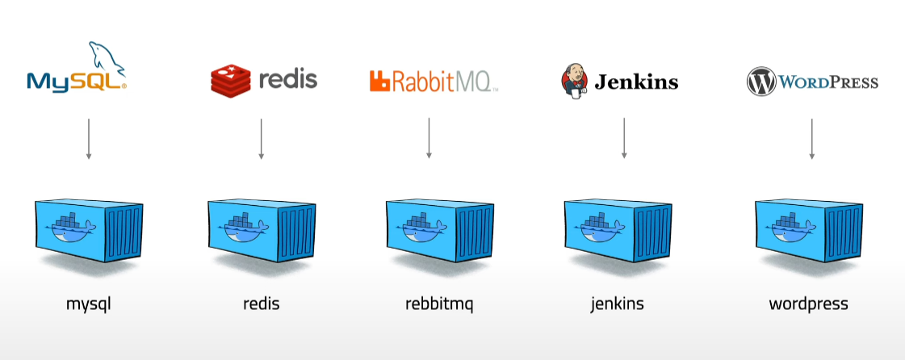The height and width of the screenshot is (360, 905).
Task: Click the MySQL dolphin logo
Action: click(77, 69)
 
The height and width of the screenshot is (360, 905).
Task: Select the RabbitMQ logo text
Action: click(441, 81)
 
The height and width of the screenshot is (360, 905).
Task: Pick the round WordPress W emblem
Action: click(760, 82)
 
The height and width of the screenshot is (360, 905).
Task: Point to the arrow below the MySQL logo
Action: click(89, 138)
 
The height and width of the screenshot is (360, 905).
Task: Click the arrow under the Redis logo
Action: click(262, 138)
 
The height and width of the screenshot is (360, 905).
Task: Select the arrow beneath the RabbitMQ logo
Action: click(429, 138)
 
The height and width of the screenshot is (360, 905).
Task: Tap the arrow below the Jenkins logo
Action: click(624, 138)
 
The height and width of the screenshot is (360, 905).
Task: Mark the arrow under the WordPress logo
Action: click(811, 138)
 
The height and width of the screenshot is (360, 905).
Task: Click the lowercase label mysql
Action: click(88, 305)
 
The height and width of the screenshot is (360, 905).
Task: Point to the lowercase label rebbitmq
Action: click(439, 305)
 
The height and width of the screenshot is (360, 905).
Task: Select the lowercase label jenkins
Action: click(617, 305)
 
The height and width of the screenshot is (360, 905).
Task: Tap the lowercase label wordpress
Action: click(808, 305)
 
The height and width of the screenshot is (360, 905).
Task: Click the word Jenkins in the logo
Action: click(636, 82)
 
